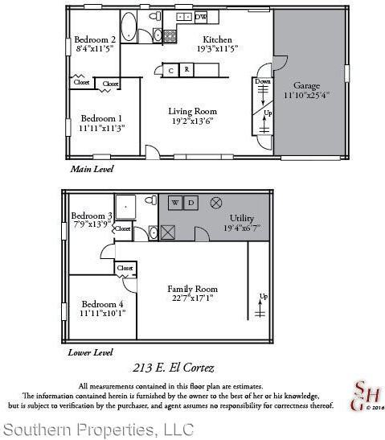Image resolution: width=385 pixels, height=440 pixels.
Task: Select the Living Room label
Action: coord(192,111)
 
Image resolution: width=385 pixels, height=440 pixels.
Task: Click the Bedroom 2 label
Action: coord(94,39)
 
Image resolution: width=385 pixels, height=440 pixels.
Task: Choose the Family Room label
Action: coord(192,289)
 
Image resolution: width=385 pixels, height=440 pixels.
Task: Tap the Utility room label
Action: coord(242,218)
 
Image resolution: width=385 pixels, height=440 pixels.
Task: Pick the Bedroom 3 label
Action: coord(91,216)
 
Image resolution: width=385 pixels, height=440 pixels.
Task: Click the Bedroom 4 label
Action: coord(102,304)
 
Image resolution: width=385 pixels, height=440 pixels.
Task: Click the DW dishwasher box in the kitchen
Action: coord(201,16)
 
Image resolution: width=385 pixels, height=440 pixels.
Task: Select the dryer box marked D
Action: coord(190,204)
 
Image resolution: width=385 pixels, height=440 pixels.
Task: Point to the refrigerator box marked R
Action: coord(186,71)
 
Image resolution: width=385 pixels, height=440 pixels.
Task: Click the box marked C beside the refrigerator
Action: coord(170,71)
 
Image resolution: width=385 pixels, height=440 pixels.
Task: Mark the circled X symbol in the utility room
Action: coord(215,203)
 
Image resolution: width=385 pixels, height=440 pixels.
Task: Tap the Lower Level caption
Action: coord(91,352)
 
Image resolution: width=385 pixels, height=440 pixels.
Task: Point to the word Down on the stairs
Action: coord(263,82)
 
